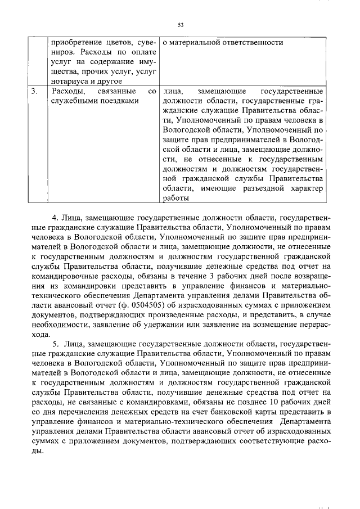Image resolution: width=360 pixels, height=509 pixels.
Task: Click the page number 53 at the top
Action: point(181,25)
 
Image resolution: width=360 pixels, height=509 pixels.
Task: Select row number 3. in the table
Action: point(35,91)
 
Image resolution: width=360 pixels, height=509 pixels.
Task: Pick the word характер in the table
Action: point(307,188)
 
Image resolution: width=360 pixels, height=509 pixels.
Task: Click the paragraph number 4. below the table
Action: point(55,217)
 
